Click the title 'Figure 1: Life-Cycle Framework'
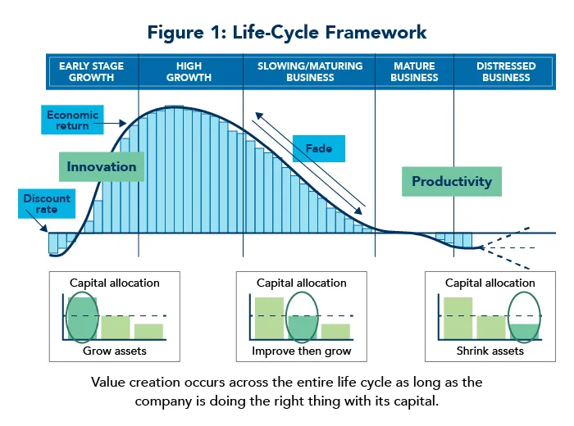coord(287,33)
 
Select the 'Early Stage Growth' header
coord(92,72)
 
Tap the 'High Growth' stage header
coord(189,72)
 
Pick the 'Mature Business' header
coord(414,72)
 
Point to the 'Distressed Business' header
coord(506,72)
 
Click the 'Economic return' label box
coord(72,120)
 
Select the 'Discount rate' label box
coord(47,204)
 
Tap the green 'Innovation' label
coord(102,166)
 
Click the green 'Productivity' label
coord(452,181)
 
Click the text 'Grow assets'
coord(114,351)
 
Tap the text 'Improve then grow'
coord(301,351)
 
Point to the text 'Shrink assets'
coord(490,351)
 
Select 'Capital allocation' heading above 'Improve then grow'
coord(301,283)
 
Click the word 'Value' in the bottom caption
coord(108,383)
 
